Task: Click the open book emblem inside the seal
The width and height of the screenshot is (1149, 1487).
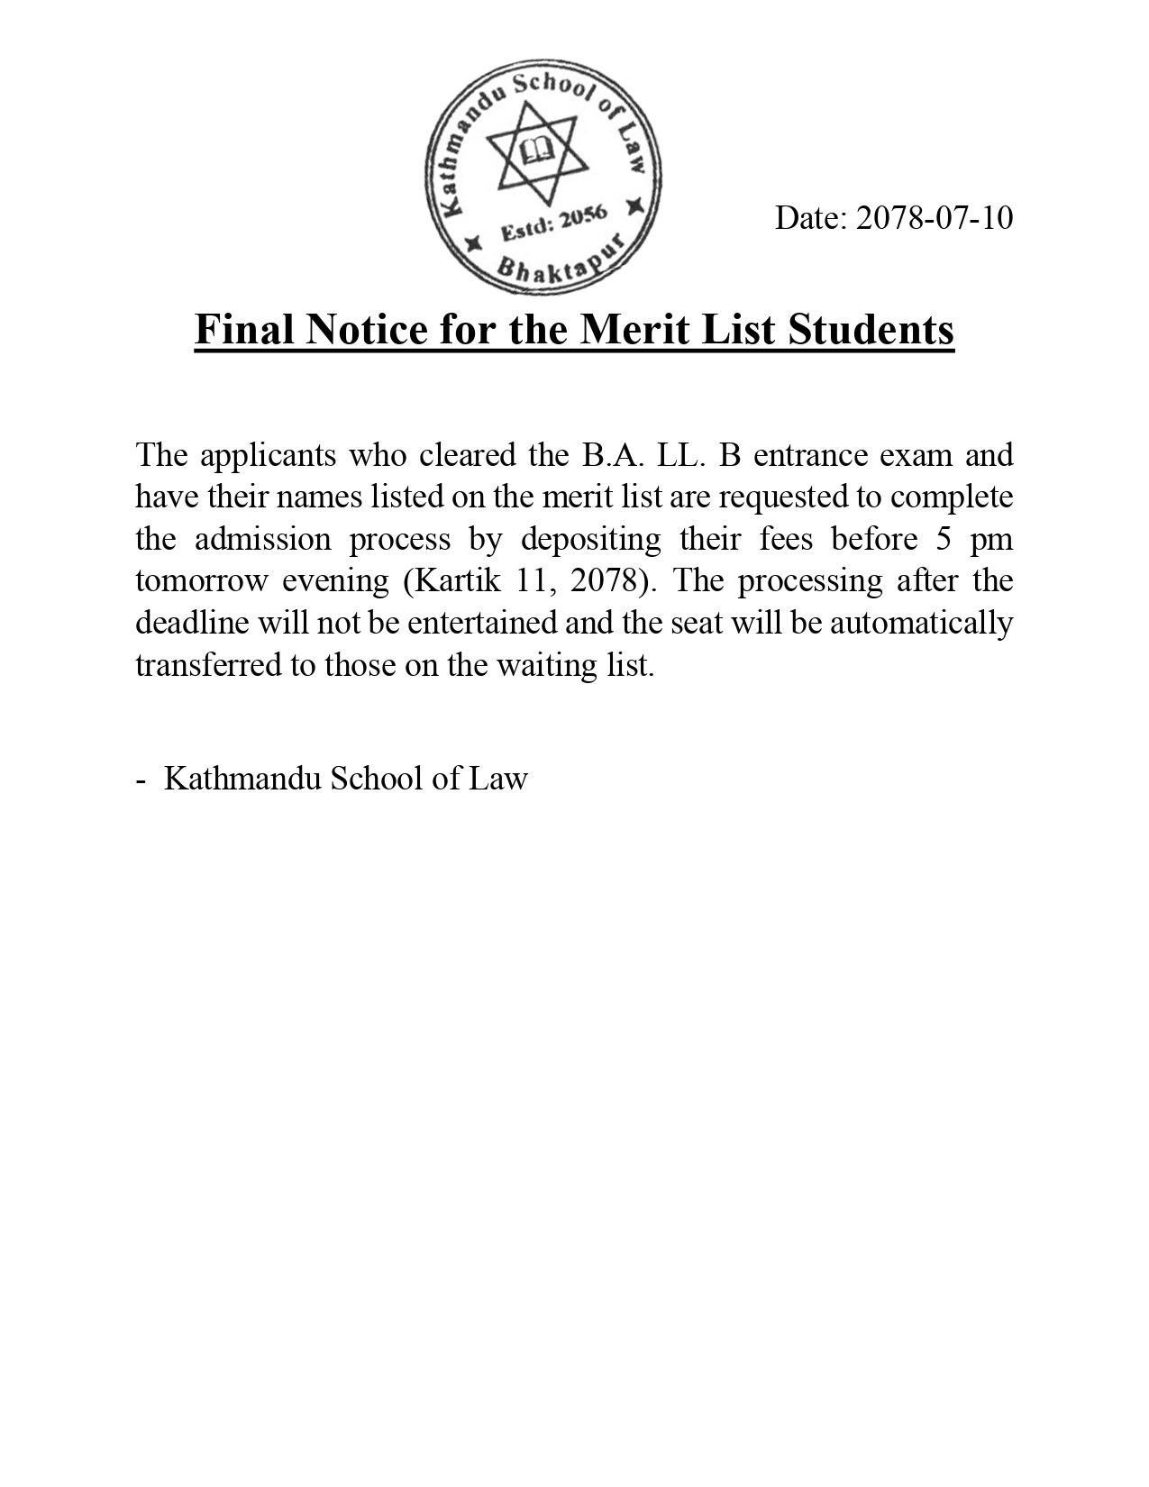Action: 538,151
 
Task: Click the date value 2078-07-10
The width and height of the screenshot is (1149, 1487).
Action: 934,218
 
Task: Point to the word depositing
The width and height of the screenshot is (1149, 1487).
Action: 591,539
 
